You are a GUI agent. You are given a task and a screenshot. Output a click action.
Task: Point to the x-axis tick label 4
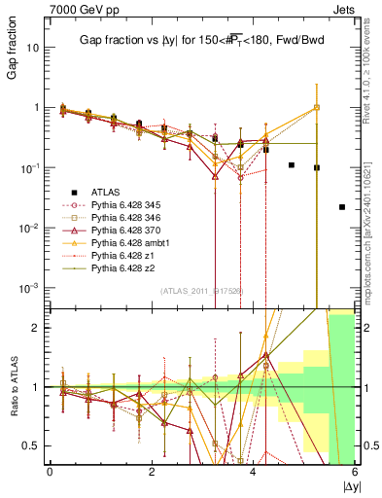tap(253, 472)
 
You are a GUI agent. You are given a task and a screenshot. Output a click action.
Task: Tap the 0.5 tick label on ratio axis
tap(33, 445)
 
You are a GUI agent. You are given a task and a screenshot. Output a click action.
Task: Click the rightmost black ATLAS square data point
tap(341, 207)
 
